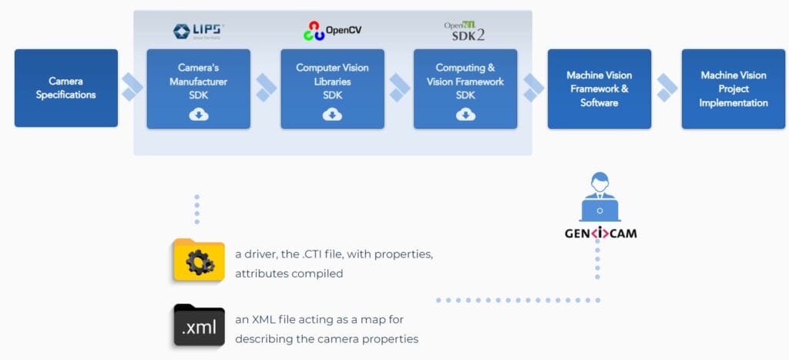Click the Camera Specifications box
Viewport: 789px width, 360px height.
tap(66, 88)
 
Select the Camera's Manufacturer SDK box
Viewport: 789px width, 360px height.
tap(199, 88)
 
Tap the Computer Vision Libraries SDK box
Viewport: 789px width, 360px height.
tap(332, 88)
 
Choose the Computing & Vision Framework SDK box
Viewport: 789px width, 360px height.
tap(465, 88)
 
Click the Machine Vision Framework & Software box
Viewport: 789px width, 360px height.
tap(599, 88)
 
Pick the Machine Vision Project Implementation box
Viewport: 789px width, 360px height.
tap(733, 88)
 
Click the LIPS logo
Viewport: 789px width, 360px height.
tap(199, 31)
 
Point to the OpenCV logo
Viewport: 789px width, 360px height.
tap(332, 31)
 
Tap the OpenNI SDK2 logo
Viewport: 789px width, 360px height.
tap(465, 31)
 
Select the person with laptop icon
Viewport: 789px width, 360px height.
tap(599, 197)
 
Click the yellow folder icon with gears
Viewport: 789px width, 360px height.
tap(199, 260)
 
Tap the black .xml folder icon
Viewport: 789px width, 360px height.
tap(199, 325)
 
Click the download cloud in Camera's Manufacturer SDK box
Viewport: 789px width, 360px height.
tap(199, 115)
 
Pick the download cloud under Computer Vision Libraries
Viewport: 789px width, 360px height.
tap(332, 115)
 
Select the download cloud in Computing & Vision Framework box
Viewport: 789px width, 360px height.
tap(465, 115)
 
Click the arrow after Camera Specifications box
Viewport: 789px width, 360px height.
tap(133, 88)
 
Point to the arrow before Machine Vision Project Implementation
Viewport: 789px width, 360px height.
tap(666, 88)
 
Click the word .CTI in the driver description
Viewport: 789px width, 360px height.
tap(317, 254)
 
